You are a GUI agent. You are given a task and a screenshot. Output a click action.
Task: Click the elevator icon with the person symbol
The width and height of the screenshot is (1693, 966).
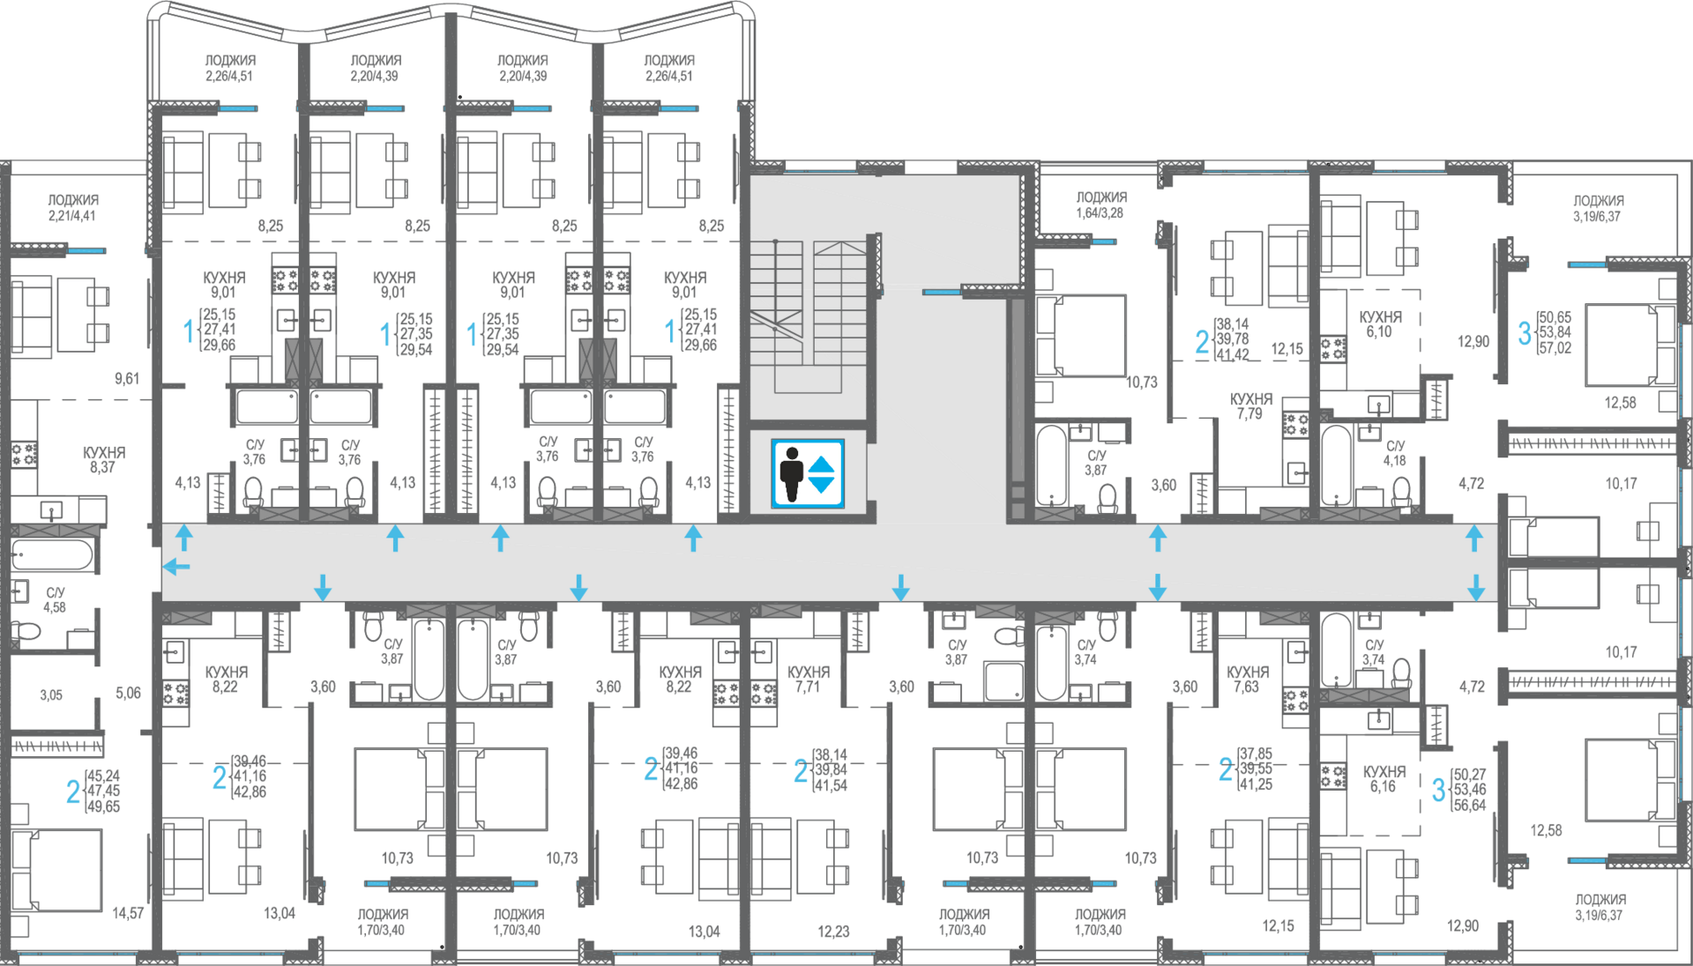tap(808, 473)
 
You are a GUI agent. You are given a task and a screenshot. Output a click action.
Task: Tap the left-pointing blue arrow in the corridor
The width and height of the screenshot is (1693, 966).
tap(177, 566)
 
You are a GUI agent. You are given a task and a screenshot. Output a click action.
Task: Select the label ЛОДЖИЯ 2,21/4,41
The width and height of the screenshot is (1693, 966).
tap(73, 208)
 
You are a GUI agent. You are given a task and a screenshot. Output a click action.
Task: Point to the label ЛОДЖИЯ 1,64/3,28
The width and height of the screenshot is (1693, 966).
tap(1101, 205)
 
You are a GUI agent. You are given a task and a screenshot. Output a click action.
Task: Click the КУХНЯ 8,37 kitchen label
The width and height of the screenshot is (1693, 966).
tap(104, 460)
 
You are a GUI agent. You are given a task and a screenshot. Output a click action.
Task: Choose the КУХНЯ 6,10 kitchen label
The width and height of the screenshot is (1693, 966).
tap(1380, 324)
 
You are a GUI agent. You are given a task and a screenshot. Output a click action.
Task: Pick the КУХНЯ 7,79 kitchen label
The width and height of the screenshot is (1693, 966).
tap(1251, 406)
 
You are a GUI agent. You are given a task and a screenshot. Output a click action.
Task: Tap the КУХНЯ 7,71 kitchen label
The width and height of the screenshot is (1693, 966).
tap(809, 680)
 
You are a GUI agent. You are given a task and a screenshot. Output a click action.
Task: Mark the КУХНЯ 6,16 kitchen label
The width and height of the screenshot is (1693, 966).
tap(1384, 779)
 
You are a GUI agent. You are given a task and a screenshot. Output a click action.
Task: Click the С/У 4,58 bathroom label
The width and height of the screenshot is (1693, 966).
tap(55, 600)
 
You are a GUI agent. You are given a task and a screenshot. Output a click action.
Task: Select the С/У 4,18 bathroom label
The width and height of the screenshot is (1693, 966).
tap(1395, 453)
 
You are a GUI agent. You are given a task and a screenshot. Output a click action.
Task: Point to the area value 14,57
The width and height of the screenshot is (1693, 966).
tap(128, 913)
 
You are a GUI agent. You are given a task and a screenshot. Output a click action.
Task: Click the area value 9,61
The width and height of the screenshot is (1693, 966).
tap(127, 378)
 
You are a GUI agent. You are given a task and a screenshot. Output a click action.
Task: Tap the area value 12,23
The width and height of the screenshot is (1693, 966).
tap(833, 931)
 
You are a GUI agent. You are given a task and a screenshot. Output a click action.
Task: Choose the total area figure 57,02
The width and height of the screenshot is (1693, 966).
tap(1555, 348)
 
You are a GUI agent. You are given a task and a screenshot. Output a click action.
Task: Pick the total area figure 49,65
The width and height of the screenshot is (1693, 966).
tap(103, 806)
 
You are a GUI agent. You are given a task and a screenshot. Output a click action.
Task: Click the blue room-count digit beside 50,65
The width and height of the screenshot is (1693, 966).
tap(1525, 333)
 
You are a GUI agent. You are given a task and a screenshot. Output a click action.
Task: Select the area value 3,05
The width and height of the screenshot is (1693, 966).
tap(51, 695)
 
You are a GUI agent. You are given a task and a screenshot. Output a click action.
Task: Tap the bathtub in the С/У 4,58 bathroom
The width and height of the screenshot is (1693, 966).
tap(52, 555)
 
